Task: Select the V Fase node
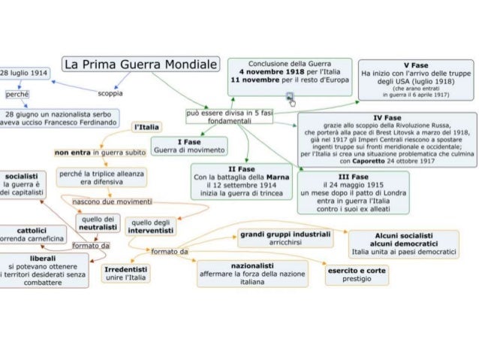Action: pos(415,80)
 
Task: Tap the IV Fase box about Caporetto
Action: pos(387,139)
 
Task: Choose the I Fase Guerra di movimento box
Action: pos(188,146)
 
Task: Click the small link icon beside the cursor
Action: pos(289,97)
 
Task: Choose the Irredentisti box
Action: pos(124,273)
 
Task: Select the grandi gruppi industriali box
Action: pos(285,238)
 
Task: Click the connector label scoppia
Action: pos(111,93)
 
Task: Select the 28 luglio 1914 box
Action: pos(23,74)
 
